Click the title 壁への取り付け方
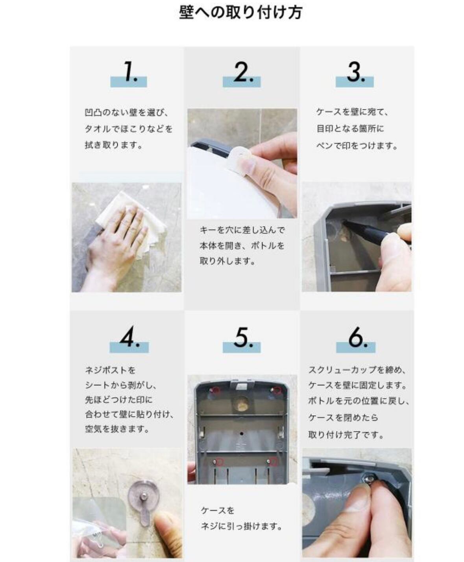point(240,13)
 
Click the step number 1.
point(131,71)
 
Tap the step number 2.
point(244,72)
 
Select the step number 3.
point(356,72)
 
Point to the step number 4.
point(129,337)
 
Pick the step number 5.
point(244,337)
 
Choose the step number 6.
point(358,337)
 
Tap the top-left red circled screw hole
point(216,390)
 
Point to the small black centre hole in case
point(242,434)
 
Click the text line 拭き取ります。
point(113,146)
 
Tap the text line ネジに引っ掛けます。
point(241,526)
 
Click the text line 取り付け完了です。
point(346,435)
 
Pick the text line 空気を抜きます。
point(117,429)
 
